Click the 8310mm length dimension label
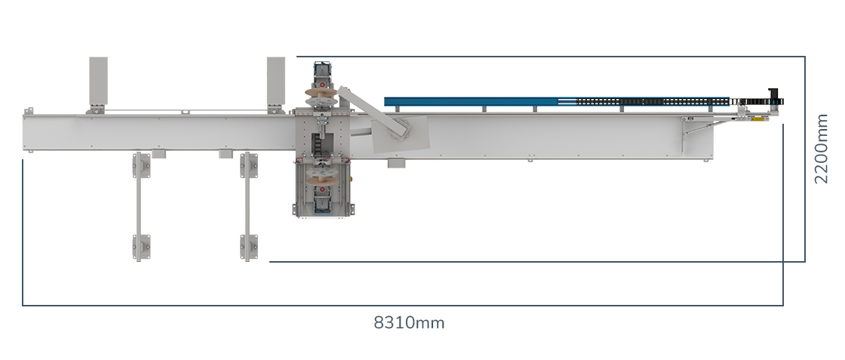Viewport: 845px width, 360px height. [x=409, y=323]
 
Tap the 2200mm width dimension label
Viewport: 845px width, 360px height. [x=821, y=149]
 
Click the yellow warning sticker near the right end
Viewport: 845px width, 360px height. [x=757, y=118]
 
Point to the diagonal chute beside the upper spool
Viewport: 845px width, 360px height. [x=373, y=112]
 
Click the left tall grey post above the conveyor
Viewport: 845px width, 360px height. [x=98, y=82]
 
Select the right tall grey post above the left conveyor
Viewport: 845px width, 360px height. [x=276, y=82]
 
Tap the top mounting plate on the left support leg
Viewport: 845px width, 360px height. [x=142, y=165]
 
